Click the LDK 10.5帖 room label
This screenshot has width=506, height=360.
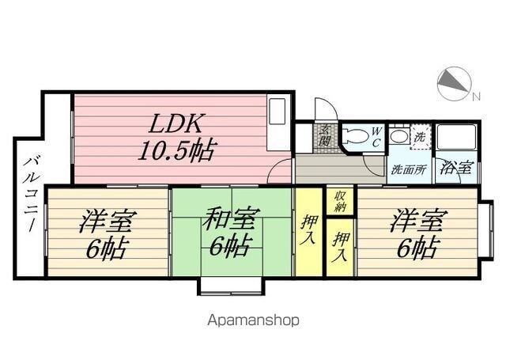pyautogui.click(x=176, y=137)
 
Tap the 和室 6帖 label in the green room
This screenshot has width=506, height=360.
pyautogui.click(x=231, y=232)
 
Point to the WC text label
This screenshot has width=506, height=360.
pyautogui.click(x=376, y=137)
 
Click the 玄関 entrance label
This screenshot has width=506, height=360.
pyautogui.click(x=325, y=135)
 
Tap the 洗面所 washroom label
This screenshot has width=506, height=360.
pyautogui.click(x=409, y=169)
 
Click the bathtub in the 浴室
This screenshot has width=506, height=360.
pyautogui.click(x=456, y=137)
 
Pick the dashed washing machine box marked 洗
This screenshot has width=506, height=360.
pyautogui.click(x=421, y=137)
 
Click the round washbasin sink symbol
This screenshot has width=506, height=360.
pyautogui.click(x=399, y=137)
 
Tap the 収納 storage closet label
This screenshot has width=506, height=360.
pyautogui.click(x=339, y=202)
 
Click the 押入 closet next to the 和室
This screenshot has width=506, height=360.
pyautogui.click(x=309, y=232)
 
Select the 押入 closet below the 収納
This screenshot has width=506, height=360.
pyautogui.click(x=340, y=247)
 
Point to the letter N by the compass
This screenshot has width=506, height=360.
pyautogui.click(x=476, y=97)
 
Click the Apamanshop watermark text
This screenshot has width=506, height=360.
pyautogui.click(x=253, y=320)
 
